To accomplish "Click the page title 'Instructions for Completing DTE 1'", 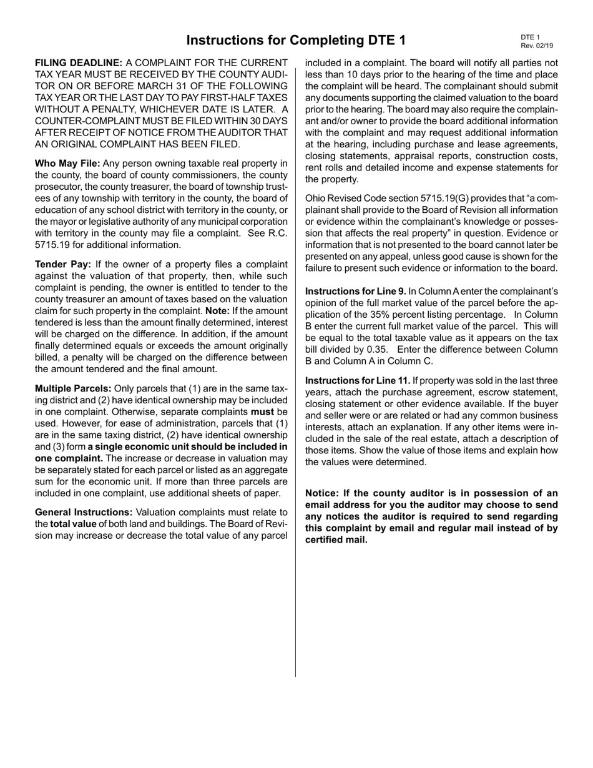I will (296, 41).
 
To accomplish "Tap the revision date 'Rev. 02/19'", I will (536, 46).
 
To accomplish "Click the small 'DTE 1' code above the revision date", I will (530, 37).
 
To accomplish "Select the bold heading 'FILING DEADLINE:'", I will (79, 63).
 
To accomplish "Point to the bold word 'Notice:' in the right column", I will (322, 493).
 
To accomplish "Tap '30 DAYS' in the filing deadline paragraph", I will (268, 121).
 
